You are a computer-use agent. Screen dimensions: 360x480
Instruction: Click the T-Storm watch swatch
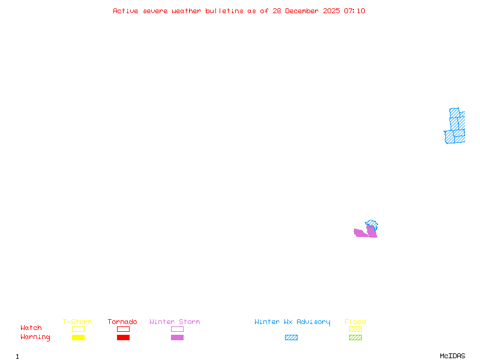[x=78, y=329]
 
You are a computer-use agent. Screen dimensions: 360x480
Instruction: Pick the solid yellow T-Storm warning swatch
[x=78, y=338]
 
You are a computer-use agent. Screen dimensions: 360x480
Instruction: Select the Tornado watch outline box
[x=123, y=329]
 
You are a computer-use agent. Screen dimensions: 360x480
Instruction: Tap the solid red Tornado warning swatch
[x=123, y=338]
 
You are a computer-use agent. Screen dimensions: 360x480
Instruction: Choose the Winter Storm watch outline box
[x=177, y=329]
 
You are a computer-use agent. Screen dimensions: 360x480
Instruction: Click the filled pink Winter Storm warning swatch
[x=177, y=338]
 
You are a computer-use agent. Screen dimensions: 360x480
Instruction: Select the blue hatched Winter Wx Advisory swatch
[x=291, y=338]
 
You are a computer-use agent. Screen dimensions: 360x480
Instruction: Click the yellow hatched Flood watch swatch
[x=355, y=329]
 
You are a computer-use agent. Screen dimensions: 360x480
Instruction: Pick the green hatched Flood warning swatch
[x=355, y=338]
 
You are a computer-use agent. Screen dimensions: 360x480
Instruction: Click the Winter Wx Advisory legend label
[x=292, y=322]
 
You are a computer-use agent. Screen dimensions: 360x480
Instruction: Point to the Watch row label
[x=31, y=328]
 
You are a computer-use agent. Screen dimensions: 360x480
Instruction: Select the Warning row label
[x=35, y=337]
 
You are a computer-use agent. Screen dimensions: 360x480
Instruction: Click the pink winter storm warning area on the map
[x=362, y=233]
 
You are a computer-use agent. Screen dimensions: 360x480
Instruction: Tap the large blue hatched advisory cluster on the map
[x=455, y=127]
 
